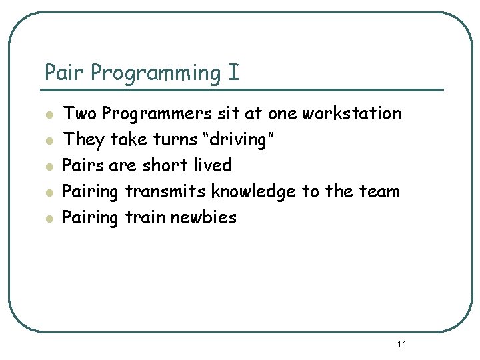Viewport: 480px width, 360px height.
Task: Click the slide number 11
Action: (401, 344)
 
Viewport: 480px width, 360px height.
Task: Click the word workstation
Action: (351, 113)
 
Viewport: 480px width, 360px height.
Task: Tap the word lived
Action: (209, 165)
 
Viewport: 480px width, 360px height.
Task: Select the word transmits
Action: (165, 191)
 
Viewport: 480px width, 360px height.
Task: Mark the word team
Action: (378, 191)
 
